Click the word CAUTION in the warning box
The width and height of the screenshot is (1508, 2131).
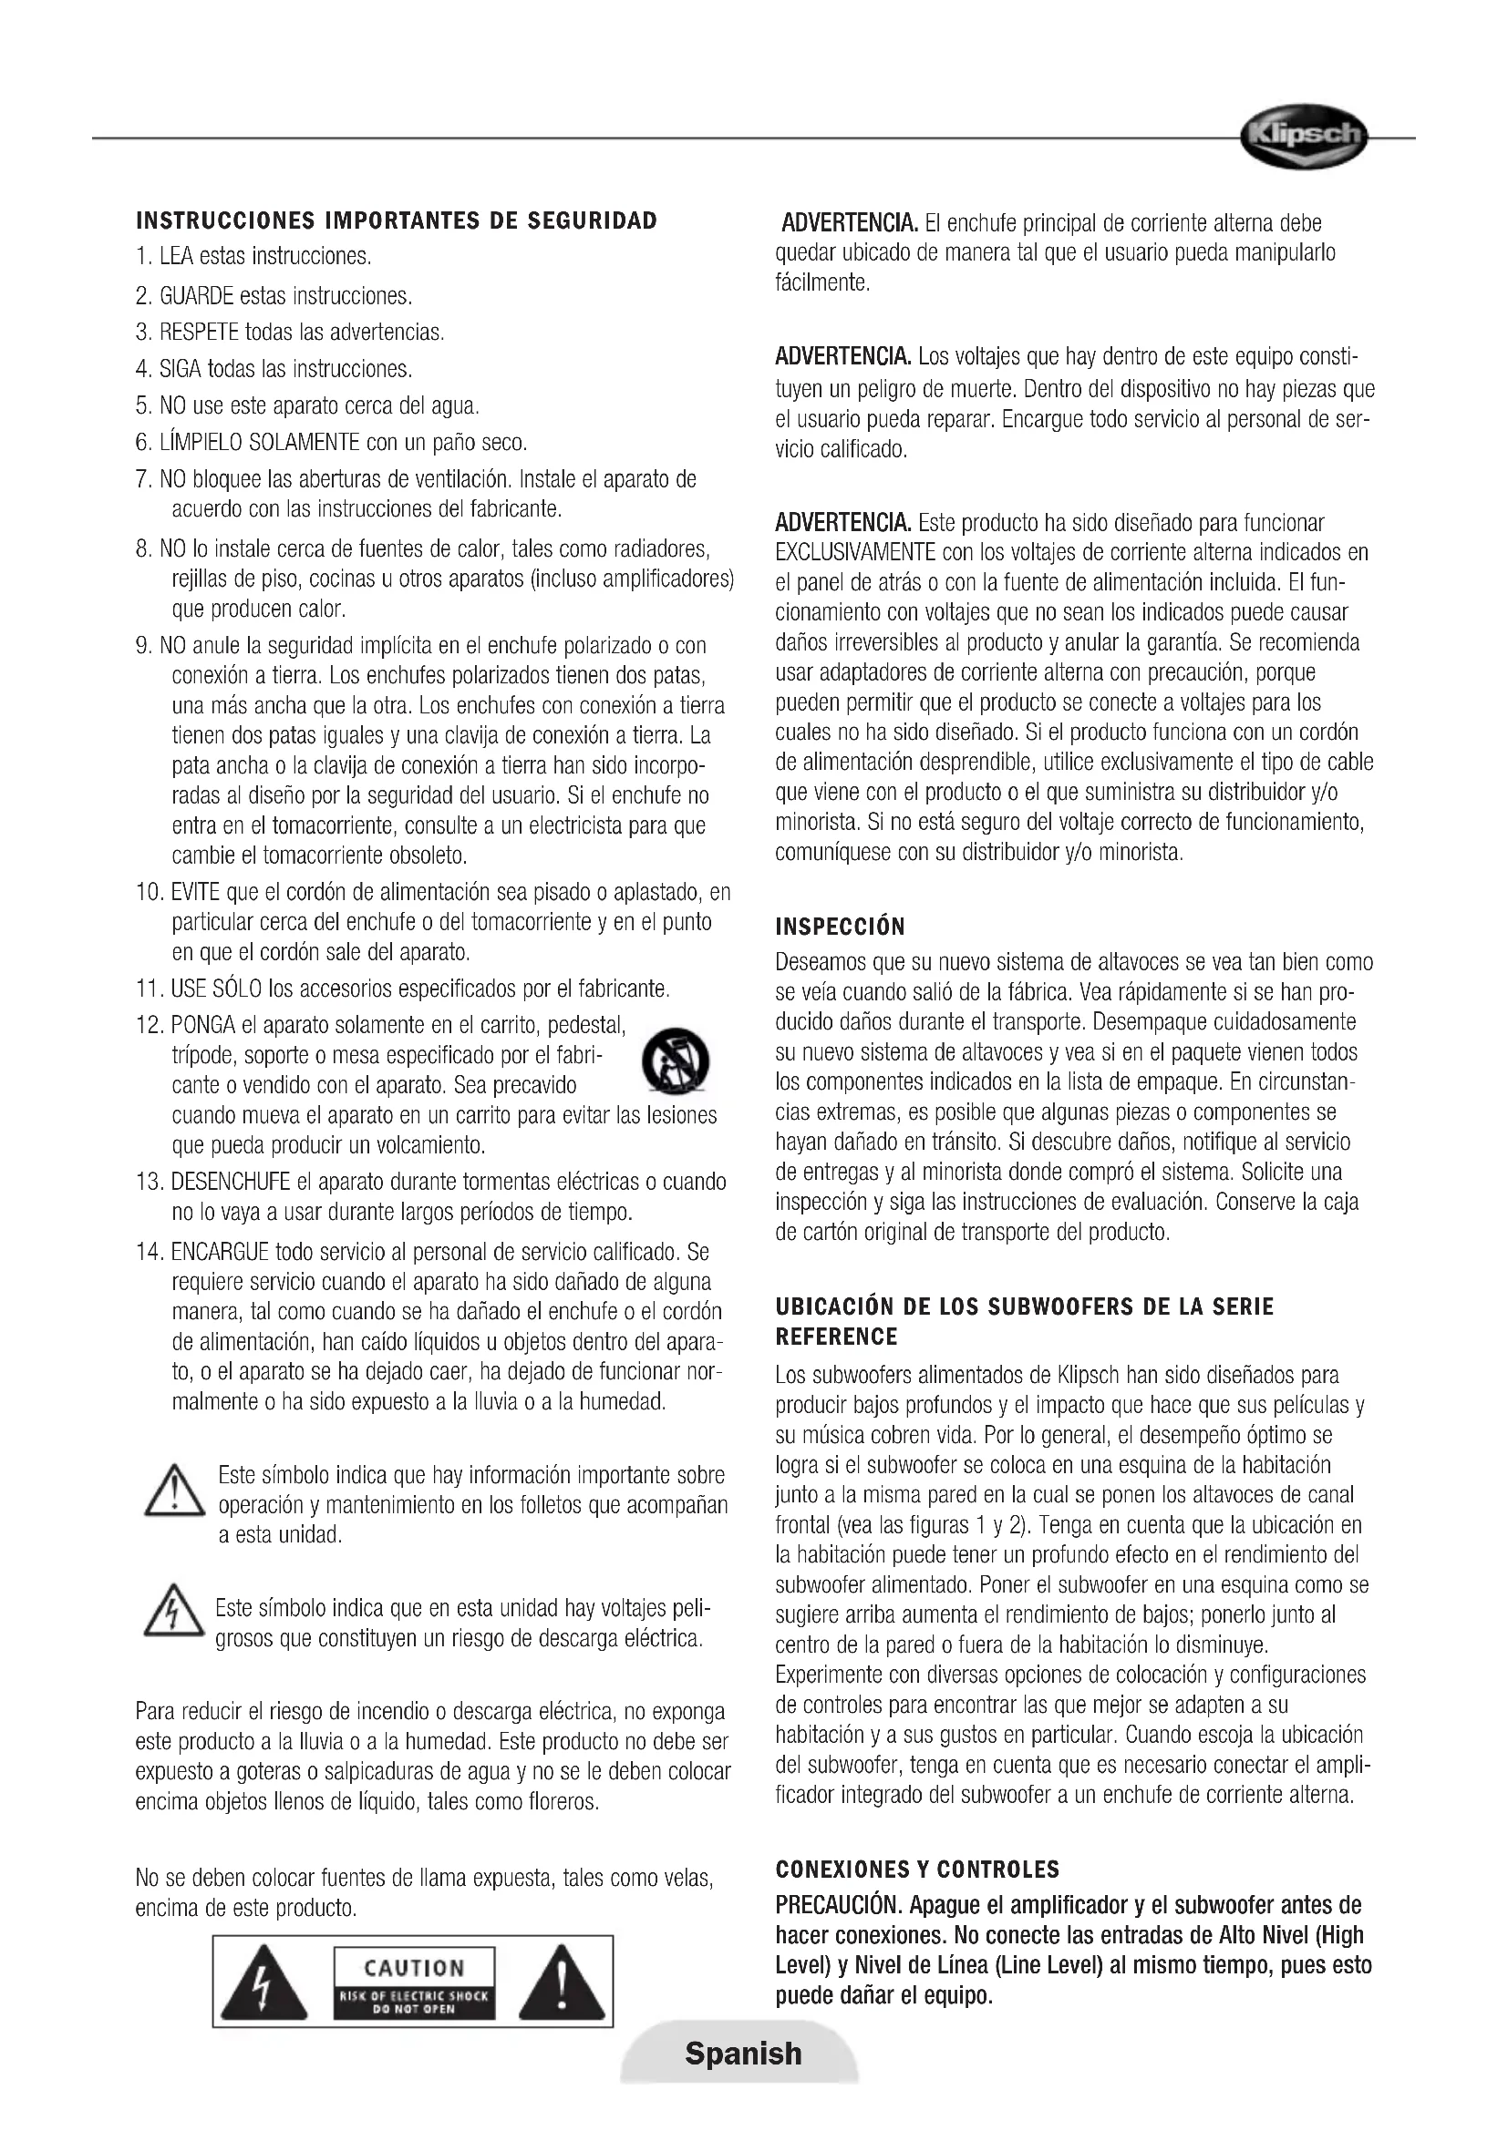(x=414, y=1968)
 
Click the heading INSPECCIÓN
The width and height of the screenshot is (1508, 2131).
(x=840, y=927)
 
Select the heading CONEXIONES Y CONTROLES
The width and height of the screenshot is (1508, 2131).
(x=917, y=1869)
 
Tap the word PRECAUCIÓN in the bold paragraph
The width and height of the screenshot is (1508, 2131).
(x=839, y=1905)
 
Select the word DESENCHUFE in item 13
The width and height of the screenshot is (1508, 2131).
(x=231, y=1182)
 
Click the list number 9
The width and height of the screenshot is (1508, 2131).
(x=144, y=645)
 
